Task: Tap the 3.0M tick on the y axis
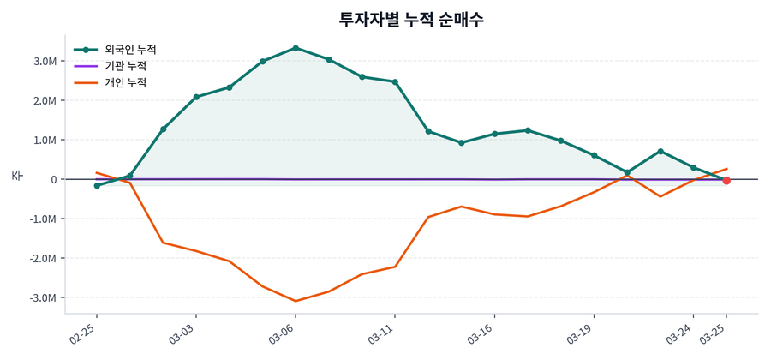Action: click(x=45, y=62)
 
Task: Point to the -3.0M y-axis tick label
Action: click(x=43, y=298)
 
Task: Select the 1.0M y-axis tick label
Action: click(x=45, y=141)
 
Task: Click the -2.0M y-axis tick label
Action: click(x=43, y=259)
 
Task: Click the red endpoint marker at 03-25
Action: click(x=726, y=181)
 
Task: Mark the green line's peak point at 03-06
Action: click(x=296, y=48)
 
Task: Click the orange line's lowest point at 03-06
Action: click(x=296, y=301)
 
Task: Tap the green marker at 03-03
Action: click(x=196, y=97)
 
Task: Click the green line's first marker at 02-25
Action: click(x=97, y=185)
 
